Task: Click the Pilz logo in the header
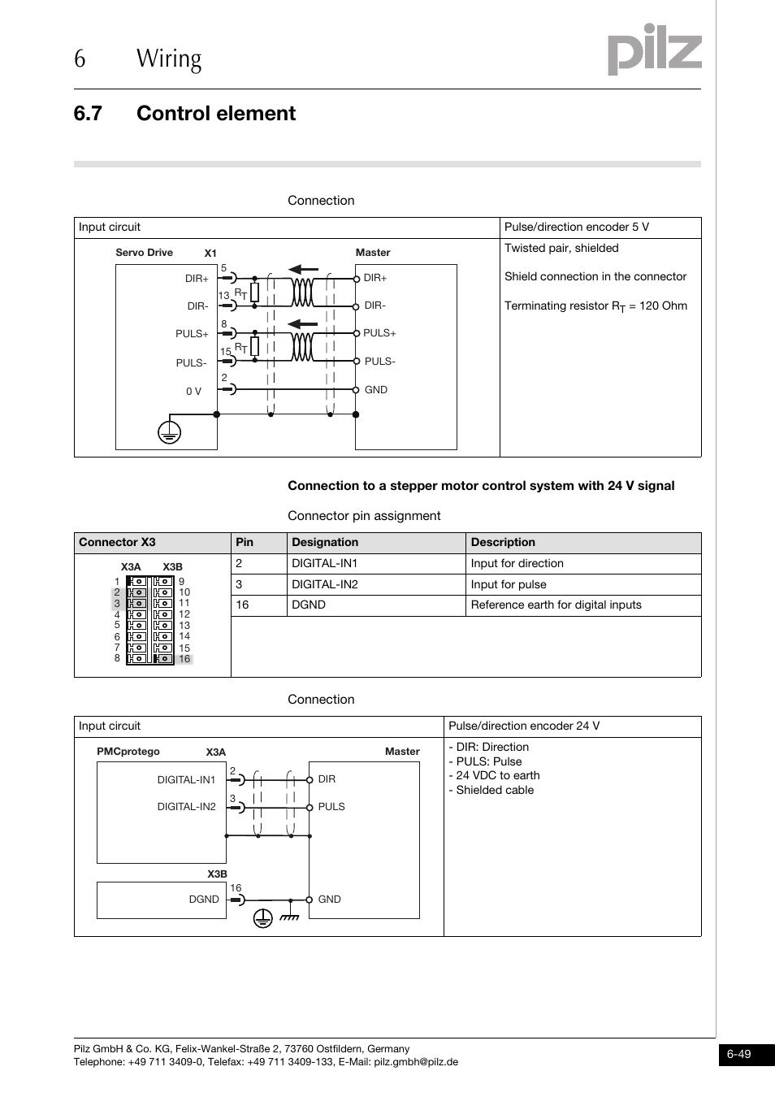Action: click(654, 50)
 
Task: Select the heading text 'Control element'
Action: click(215, 114)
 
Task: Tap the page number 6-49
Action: click(738, 1054)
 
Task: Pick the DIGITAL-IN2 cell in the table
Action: click(325, 584)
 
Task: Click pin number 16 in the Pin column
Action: click(242, 605)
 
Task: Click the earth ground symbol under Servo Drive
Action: click(169, 432)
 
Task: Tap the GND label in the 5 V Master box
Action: click(375, 390)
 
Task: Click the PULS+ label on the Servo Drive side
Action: click(192, 334)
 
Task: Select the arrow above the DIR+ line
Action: click(304, 269)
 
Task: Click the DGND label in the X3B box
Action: click(204, 900)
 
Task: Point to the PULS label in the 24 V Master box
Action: click(331, 807)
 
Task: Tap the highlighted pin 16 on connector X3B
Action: click(184, 659)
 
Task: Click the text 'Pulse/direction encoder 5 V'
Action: click(576, 228)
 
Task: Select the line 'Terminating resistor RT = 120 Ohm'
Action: click(595, 306)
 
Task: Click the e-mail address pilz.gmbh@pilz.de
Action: click(416, 1062)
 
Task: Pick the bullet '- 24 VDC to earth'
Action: click(494, 776)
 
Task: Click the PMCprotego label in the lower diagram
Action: click(128, 752)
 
